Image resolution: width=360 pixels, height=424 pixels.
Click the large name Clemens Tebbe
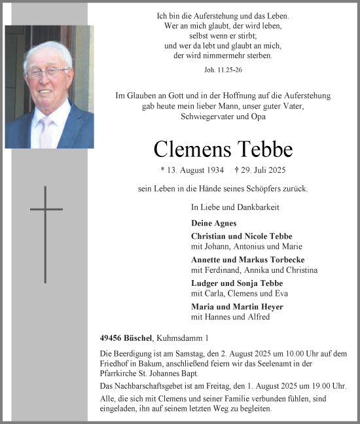coord(223,149)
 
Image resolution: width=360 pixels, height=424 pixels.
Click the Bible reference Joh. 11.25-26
coord(223,68)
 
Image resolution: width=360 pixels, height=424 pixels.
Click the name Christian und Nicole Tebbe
coord(242,236)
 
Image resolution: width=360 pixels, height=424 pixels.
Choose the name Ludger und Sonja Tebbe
coord(237,283)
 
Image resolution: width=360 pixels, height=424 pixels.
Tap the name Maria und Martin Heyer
coord(237,306)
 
